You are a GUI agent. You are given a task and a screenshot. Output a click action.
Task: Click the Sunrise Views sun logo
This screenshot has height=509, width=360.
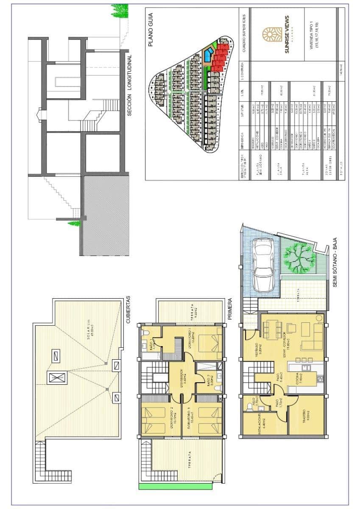click(x=271, y=35)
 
